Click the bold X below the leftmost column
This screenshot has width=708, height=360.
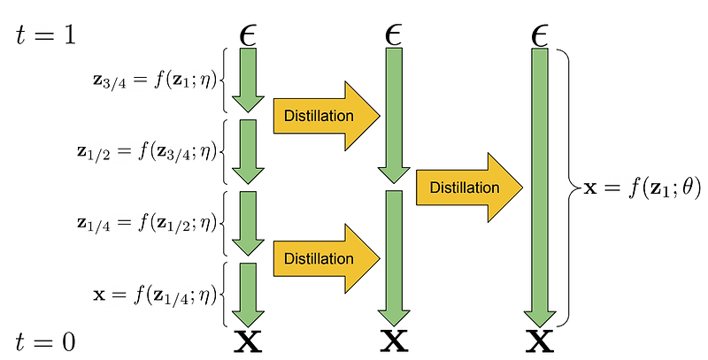[249, 341]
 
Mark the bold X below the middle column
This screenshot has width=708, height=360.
[395, 341]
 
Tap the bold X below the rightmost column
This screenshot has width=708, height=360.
[539, 341]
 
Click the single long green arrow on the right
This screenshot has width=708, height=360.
[539, 186]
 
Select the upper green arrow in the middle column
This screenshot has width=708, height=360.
[395, 115]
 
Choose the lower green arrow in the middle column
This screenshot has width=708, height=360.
[395, 257]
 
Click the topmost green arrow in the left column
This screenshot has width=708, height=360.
[249, 80]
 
